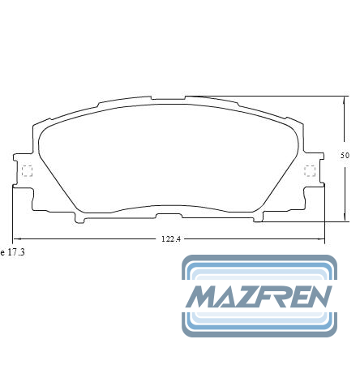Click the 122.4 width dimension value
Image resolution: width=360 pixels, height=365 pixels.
click(171, 239)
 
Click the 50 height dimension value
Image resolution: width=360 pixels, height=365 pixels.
click(345, 156)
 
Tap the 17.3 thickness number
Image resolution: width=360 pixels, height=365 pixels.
click(16, 252)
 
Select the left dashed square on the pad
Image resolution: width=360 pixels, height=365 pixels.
click(27, 171)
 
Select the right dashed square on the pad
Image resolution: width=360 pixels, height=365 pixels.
click(310, 170)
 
